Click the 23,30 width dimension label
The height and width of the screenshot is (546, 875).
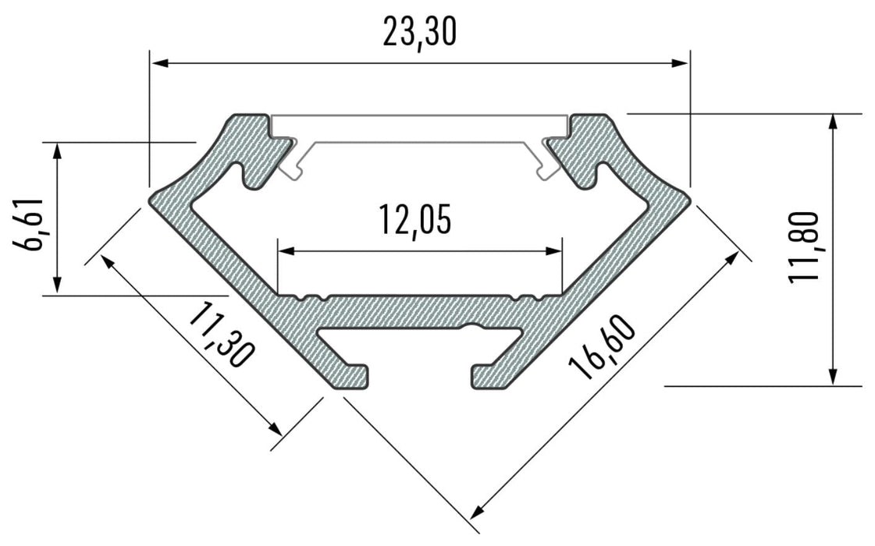(x=420, y=32)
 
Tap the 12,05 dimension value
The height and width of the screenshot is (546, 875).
(x=414, y=220)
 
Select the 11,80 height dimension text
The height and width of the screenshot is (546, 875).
(x=803, y=247)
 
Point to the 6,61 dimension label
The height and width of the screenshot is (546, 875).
(x=28, y=224)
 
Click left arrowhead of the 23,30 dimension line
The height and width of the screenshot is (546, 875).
(x=160, y=63)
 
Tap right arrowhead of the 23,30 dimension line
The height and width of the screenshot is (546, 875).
(x=680, y=63)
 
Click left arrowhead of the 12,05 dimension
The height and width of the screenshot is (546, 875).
(x=286, y=251)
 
